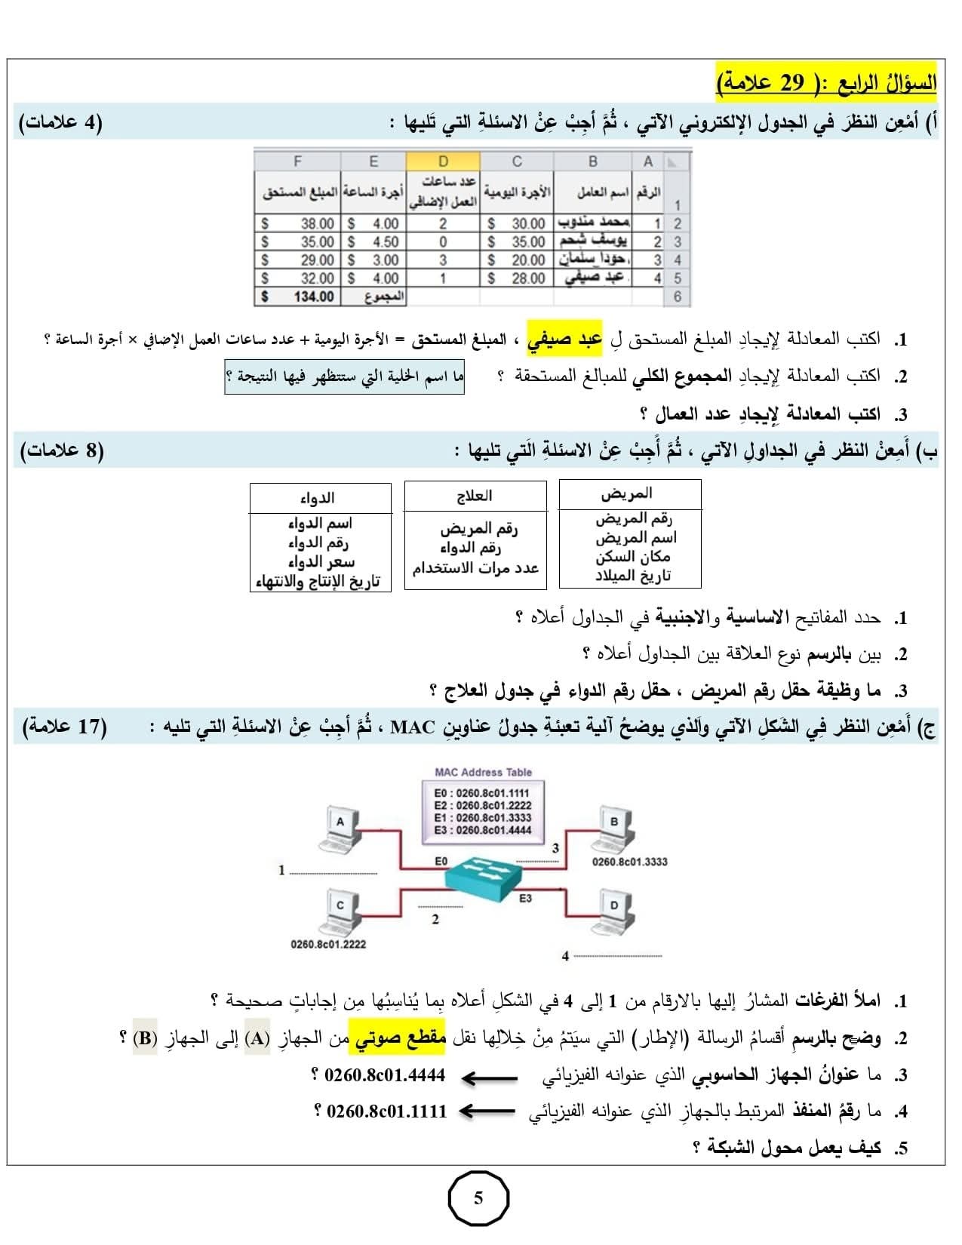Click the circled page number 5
478,1198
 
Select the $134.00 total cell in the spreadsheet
298,297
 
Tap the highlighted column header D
443,161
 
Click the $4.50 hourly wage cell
373,242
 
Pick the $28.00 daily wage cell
517,278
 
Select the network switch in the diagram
483,875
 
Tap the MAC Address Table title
483,772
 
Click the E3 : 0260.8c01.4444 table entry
483,830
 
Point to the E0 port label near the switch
441,861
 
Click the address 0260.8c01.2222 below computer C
328,944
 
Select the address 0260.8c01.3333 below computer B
629,862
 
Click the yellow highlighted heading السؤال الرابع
825,81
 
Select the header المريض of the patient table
626,493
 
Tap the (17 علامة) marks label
65,727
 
